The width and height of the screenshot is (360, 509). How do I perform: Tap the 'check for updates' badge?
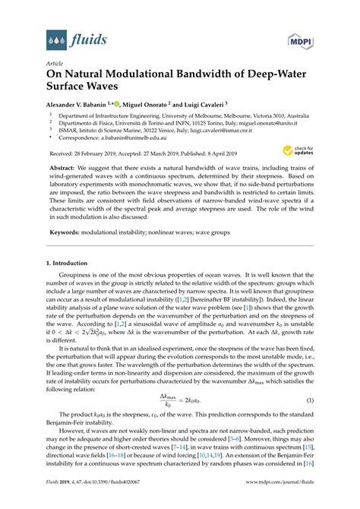(302, 152)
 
